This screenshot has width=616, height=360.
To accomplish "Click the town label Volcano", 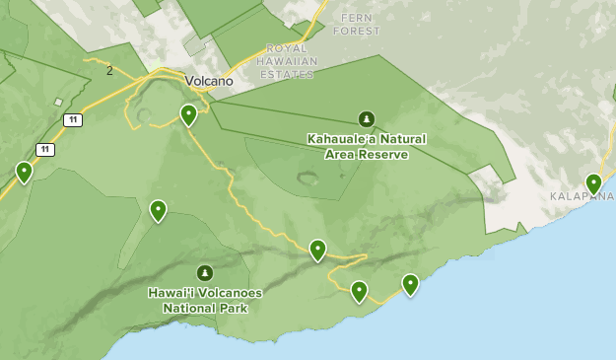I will (208, 81).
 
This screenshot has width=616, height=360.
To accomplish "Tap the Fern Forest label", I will (356, 25).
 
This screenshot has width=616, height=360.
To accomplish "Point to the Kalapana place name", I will (582, 196).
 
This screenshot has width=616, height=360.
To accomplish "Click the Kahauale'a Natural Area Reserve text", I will (366, 146).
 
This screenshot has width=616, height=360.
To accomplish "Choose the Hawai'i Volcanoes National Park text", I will (205, 300).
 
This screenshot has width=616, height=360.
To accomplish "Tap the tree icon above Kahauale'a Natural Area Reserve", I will (367, 119).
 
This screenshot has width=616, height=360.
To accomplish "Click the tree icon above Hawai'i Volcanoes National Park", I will (205, 272).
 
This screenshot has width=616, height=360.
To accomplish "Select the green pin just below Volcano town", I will (188, 114).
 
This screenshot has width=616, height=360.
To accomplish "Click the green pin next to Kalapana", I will (593, 182).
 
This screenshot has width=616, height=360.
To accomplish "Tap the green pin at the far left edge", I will (25, 172).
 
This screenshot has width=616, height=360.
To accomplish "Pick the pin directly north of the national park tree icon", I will (158, 210).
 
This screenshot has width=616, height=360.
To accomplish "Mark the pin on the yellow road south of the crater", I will (317, 250).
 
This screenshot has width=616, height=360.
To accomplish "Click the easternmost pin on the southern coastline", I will (410, 284).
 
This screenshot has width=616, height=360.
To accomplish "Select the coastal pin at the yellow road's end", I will (359, 291).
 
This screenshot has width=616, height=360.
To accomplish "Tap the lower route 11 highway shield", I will (44, 149).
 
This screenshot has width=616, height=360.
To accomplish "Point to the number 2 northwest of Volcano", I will (109, 70).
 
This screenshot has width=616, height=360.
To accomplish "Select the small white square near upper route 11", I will (58, 102).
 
